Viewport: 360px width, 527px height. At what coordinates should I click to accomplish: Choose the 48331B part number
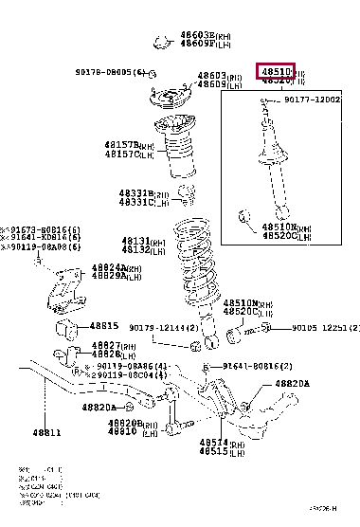(136, 193)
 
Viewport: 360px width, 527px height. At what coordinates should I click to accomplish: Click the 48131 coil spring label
(139, 241)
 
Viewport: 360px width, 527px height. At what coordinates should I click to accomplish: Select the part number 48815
(104, 325)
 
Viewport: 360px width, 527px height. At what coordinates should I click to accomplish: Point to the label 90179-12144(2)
(158, 353)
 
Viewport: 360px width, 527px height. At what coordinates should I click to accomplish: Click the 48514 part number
(213, 442)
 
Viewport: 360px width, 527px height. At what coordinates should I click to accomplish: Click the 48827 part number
(104, 344)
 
